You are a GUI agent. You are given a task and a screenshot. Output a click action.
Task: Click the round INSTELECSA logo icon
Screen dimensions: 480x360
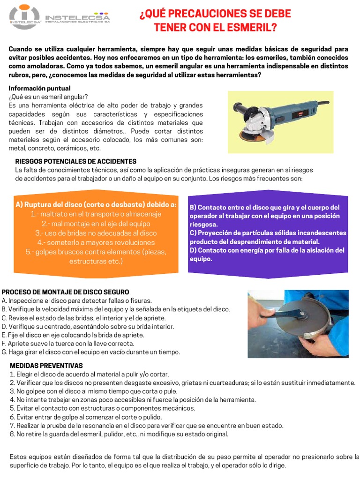point(24,17)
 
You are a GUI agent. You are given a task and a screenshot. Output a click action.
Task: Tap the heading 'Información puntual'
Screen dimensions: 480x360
point(39,88)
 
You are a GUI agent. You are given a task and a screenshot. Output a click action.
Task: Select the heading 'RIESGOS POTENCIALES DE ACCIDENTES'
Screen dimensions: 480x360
point(75,161)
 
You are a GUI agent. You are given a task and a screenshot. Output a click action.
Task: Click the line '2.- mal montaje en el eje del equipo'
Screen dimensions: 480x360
point(96,223)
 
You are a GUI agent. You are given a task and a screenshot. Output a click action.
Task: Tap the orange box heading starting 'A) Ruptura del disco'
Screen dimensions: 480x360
point(96,204)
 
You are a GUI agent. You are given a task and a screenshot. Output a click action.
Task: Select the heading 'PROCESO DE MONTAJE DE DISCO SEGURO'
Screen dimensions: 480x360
point(65,292)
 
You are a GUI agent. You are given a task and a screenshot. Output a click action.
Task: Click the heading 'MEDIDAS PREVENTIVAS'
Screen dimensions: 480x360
point(46,365)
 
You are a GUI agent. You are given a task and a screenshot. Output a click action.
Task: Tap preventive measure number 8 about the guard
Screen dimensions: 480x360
point(119,434)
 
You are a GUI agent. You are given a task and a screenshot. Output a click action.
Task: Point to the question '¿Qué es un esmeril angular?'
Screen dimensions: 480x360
point(48,97)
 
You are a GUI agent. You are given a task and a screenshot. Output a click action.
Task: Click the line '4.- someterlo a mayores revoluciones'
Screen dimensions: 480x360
point(96,242)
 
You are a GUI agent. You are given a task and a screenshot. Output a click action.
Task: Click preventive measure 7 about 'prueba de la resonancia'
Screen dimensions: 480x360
point(146,426)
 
